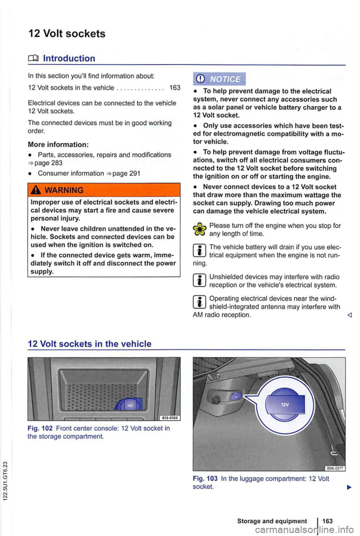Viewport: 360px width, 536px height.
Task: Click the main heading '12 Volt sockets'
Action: pos(67,34)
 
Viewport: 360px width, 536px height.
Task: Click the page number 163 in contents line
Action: pos(175,88)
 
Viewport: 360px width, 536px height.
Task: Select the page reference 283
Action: pos(57,163)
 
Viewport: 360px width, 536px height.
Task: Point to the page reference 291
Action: pos(135,173)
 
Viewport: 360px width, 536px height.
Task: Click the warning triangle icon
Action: pos(36,190)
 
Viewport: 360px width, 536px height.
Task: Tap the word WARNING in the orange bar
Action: pos(64,190)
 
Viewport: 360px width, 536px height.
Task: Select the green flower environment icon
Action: pos(199,229)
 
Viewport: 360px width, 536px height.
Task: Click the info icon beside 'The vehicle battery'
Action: pos(199,251)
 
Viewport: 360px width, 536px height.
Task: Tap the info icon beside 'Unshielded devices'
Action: pos(199,281)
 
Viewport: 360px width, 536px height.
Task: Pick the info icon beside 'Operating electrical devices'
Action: pos(199,302)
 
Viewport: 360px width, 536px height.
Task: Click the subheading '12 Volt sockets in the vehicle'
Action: pos(90,344)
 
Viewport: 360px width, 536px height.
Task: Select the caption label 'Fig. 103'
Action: pos(205,479)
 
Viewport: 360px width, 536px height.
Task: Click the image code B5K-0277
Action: pos(335,468)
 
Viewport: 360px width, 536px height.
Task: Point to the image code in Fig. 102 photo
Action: pos(171,418)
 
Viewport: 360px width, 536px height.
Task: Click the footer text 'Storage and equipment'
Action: pos(272,521)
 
